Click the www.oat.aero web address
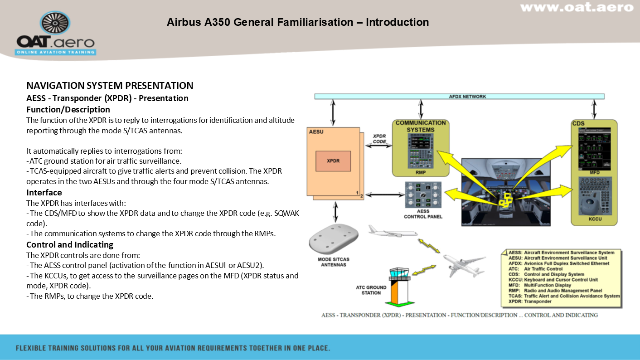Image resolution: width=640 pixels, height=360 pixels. (577, 8)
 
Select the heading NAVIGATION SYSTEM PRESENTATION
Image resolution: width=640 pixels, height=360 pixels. (110, 86)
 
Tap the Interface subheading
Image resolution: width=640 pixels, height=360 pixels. (44, 192)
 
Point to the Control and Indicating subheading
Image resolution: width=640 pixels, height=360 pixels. (70, 245)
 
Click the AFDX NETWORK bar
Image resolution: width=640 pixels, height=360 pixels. (459, 97)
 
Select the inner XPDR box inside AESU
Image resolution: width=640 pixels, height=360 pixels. (333, 161)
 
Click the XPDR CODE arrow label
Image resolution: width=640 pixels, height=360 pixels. (380, 139)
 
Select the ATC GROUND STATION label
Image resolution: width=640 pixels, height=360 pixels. (371, 290)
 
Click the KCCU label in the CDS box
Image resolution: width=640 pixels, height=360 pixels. (595, 219)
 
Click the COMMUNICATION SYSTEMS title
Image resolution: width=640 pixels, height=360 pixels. (421, 126)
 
